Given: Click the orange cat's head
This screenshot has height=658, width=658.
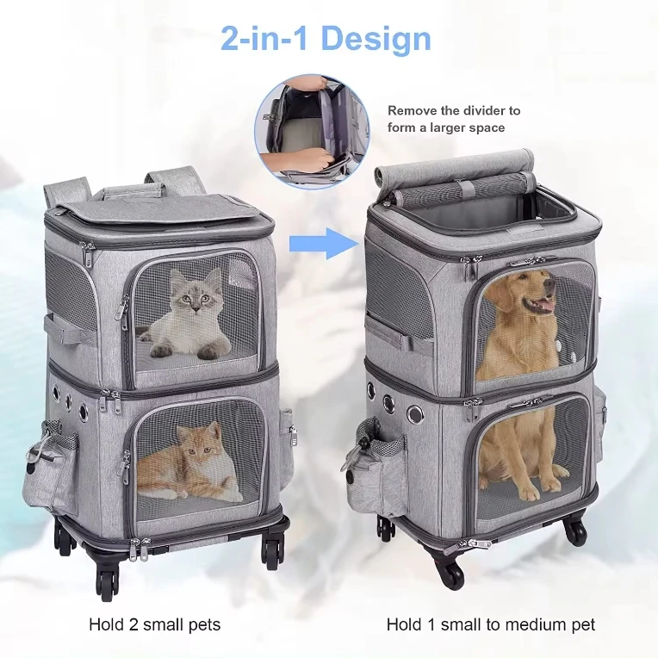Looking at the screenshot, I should [x=192, y=440].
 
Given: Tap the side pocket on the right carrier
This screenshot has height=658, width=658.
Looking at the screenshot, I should [x=368, y=469].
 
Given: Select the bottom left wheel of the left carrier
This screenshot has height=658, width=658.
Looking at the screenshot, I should [x=108, y=584].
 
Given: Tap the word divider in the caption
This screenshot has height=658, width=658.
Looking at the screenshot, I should [x=484, y=111].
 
